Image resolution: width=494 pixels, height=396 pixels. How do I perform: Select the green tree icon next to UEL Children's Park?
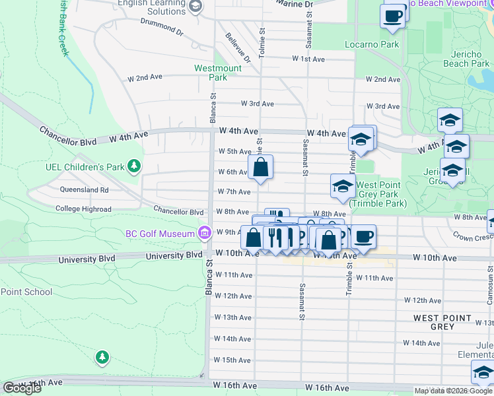pyautogui.click(x=135, y=165)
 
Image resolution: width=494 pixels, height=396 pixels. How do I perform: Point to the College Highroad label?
pyautogui.click(x=83, y=209)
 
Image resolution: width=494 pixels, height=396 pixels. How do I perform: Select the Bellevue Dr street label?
pyautogui.click(x=238, y=48)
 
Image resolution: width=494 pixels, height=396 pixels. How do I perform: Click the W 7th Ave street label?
pyautogui.click(x=234, y=191)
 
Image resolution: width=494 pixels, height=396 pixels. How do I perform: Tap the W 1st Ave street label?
pyautogui.click(x=308, y=59)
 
